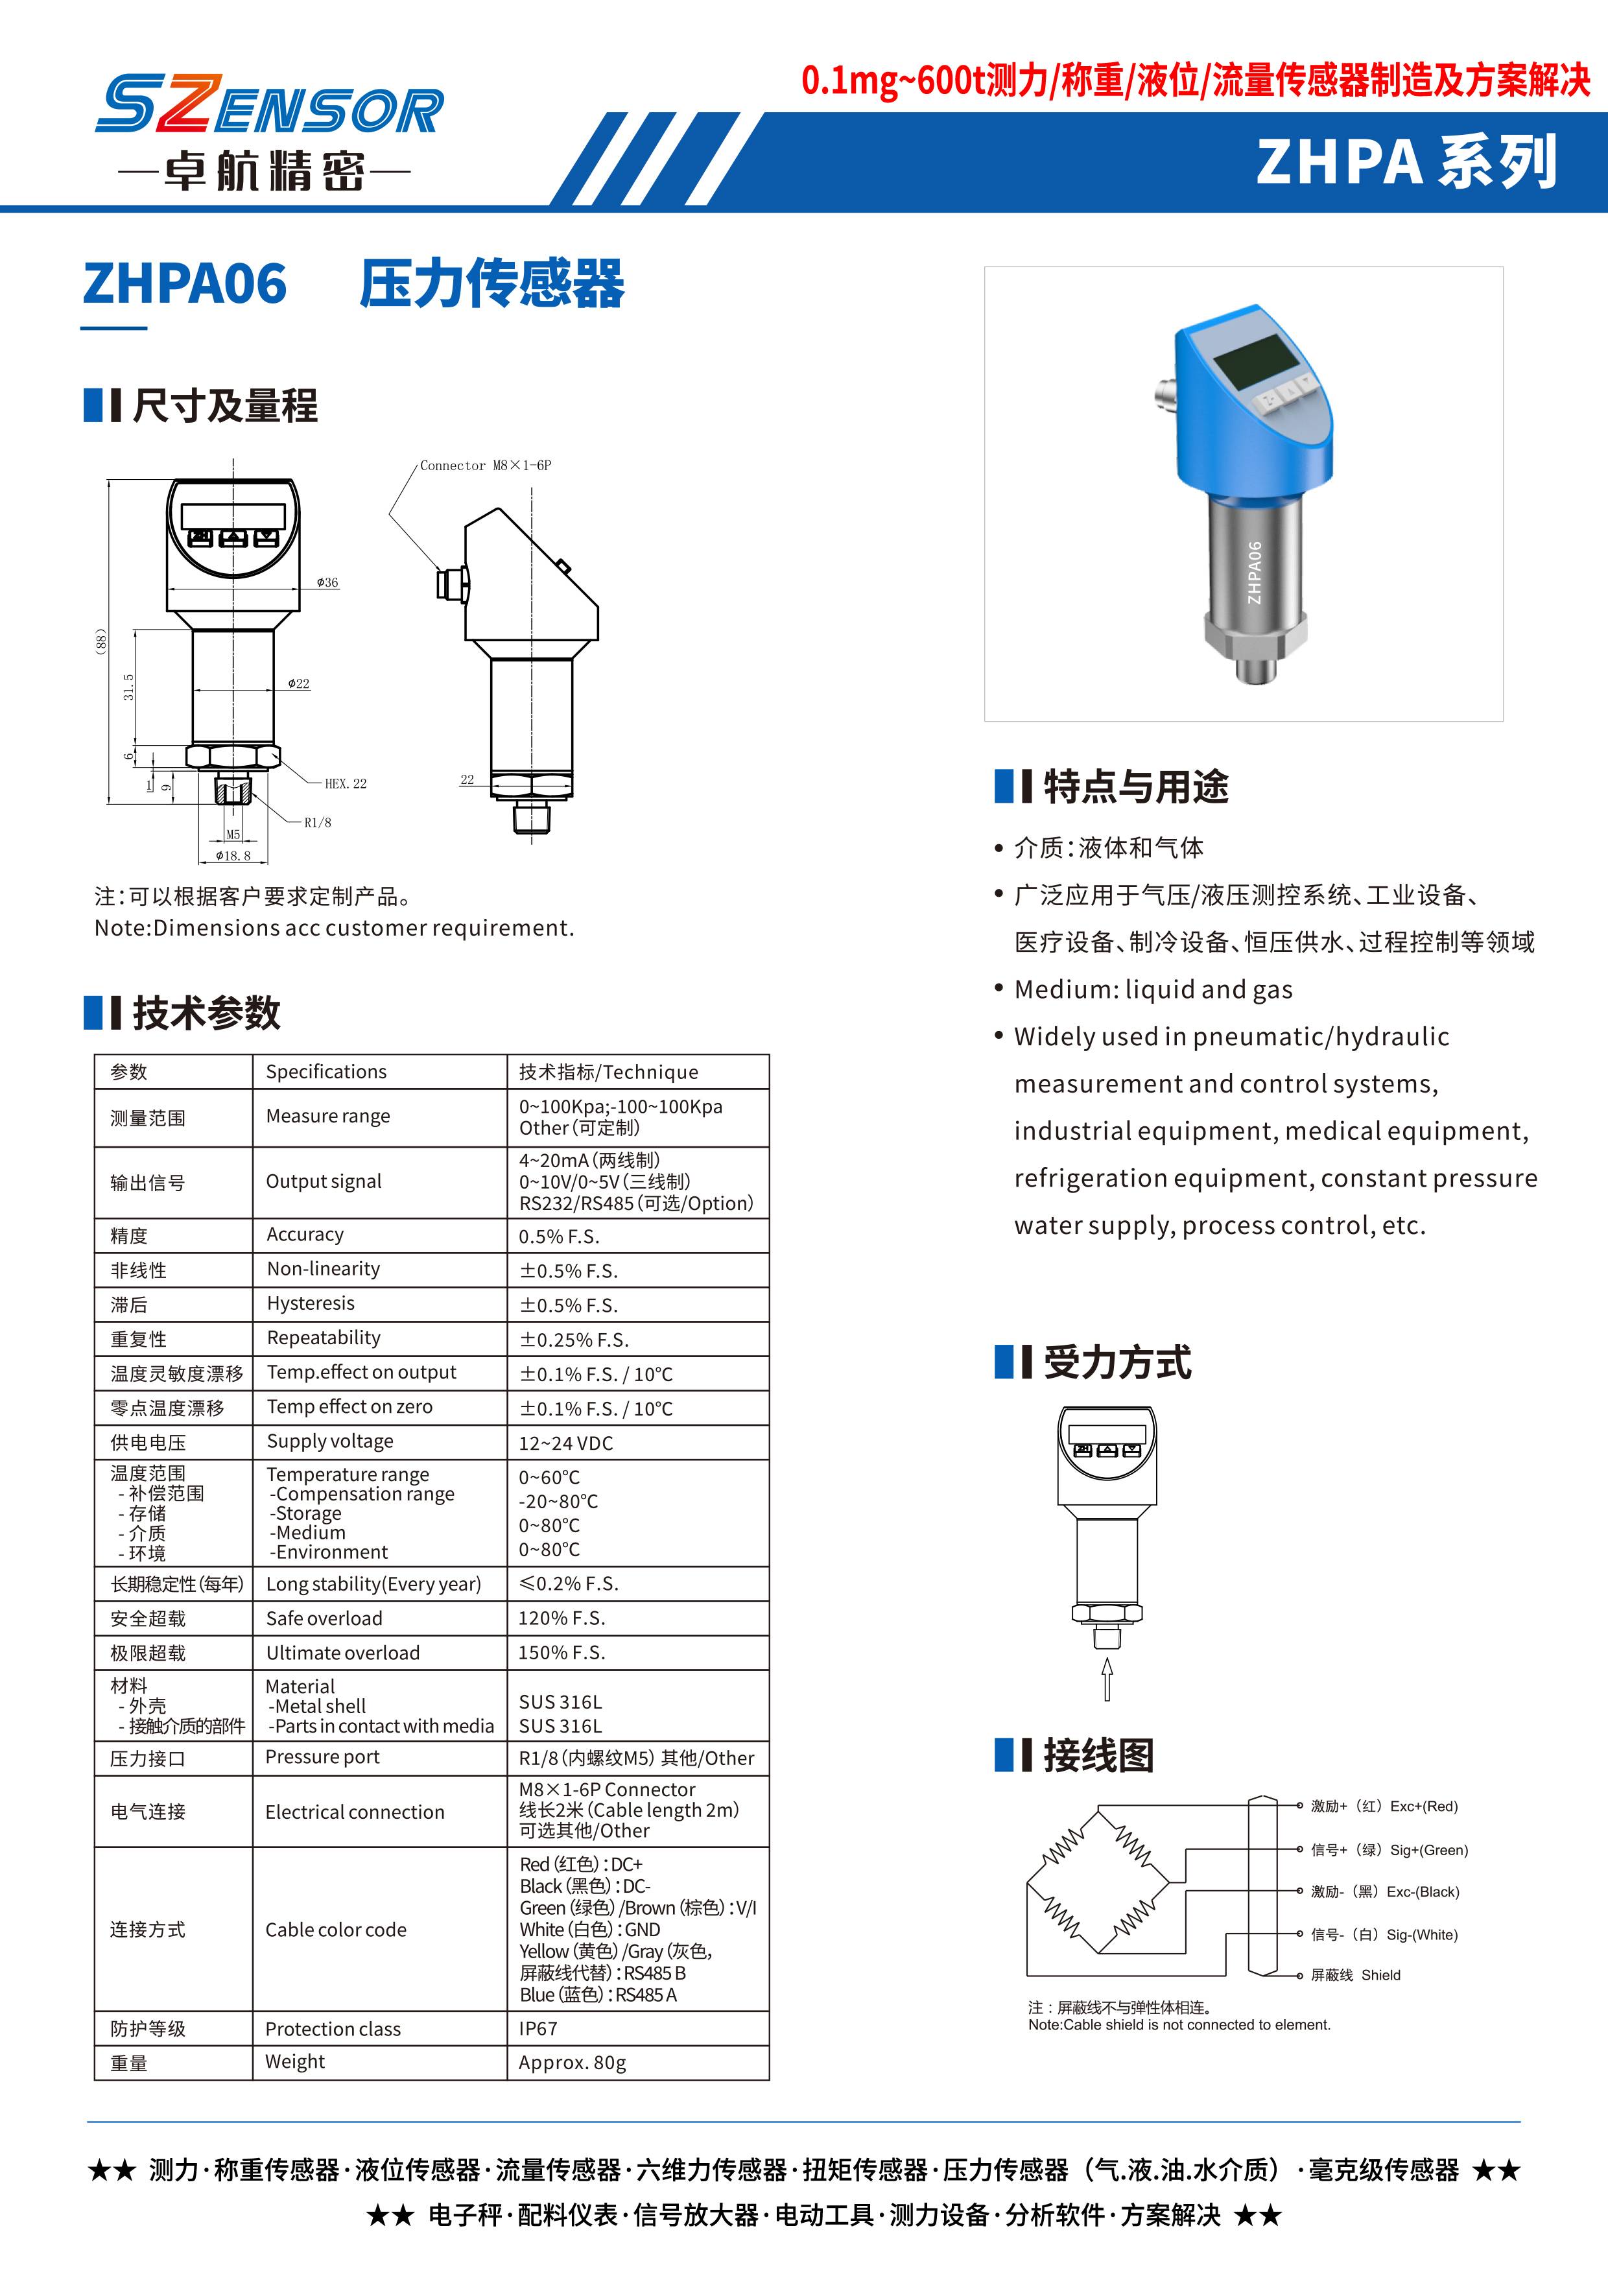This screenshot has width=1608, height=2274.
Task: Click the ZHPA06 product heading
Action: coord(185,284)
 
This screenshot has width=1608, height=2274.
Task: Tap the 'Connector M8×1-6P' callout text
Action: coord(485,466)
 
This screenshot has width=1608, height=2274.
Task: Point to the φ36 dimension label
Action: coord(327,582)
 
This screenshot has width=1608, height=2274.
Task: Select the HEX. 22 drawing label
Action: coord(346,783)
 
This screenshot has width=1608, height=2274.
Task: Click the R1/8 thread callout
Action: coord(318,822)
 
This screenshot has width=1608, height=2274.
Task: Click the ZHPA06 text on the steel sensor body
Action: coord(1255,573)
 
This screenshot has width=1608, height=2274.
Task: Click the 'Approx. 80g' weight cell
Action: coord(573,2062)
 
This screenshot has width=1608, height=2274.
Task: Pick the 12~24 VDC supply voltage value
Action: coord(565,1443)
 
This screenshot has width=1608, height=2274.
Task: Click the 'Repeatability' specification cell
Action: coord(324,1338)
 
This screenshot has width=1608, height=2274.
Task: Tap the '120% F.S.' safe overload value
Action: coord(562,1617)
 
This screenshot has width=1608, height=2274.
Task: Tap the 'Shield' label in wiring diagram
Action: coord(1380,1975)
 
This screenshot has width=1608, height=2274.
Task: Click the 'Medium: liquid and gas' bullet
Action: coord(1153,989)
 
